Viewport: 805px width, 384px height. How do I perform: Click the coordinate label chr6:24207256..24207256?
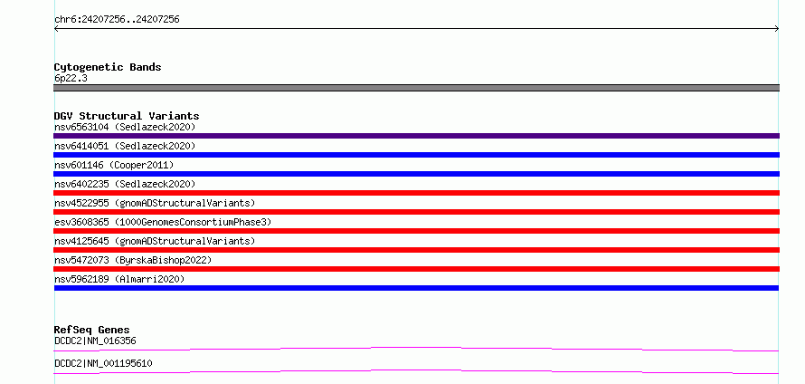point(117,20)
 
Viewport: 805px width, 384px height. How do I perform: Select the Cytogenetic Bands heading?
point(108,67)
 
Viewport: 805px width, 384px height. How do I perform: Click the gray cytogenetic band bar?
point(416,88)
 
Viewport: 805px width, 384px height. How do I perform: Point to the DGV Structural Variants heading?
point(127,116)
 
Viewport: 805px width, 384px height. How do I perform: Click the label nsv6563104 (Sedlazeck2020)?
point(125,127)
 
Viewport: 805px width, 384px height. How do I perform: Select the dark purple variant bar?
point(416,136)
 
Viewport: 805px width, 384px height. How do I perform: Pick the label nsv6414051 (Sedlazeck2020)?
point(125,146)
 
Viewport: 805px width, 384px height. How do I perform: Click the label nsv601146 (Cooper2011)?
point(114,165)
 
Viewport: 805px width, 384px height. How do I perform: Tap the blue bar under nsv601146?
point(416,174)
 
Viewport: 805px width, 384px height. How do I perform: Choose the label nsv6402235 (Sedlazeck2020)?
point(125,184)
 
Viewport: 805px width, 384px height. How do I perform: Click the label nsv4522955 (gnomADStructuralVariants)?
point(155,203)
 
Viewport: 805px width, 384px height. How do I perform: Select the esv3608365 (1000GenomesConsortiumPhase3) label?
point(163,222)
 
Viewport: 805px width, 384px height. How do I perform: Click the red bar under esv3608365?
point(416,231)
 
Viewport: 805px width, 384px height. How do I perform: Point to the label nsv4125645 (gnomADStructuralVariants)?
point(155,241)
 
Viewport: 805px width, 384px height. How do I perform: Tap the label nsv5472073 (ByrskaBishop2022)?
point(133,260)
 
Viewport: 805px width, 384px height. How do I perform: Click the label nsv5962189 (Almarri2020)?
point(119,279)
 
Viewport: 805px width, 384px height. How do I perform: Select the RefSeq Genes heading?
point(92,330)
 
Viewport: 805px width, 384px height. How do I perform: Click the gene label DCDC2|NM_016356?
point(95,341)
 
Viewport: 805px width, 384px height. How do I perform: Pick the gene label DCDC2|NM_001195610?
point(103,363)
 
